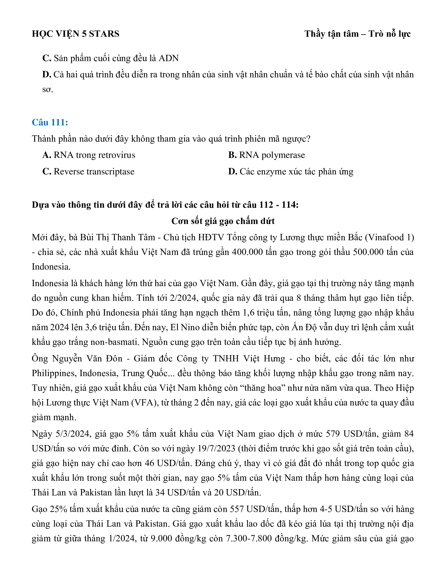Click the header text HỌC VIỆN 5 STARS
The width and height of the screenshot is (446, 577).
[76, 34]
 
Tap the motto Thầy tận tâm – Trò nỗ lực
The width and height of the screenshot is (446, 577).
[357, 34]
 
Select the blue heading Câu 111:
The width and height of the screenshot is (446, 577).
[50, 122]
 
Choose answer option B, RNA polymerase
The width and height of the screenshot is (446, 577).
[267, 155]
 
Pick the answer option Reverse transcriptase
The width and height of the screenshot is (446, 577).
[88, 172]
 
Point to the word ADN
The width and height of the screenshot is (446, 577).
[169, 58]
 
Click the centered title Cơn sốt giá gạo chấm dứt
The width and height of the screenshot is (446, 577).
[223, 221]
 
